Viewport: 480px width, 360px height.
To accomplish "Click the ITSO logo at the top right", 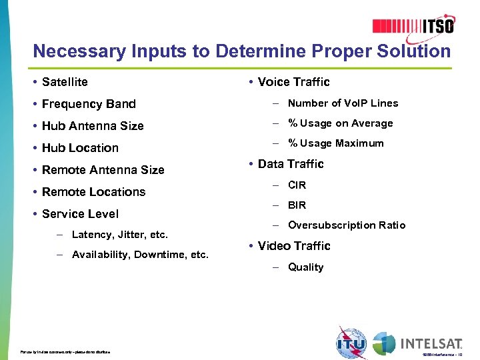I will click(x=413, y=25).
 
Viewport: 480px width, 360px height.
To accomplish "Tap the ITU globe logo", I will click(x=351, y=343).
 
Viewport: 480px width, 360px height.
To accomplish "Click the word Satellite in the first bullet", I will click(x=65, y=82).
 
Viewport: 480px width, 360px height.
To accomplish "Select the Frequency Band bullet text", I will click(x=89, y=104).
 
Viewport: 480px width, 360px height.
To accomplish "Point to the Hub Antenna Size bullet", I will click(x=93, y=126).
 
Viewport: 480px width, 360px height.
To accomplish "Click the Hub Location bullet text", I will click(x=80, y=148).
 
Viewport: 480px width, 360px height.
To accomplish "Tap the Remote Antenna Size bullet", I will click(x=103, y=170).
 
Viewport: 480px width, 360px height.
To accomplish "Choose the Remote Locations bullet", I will click(x=93, y=192).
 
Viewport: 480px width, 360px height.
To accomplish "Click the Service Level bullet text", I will click(x=80, y=214).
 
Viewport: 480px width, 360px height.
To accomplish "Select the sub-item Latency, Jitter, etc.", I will click(x=120, y=235).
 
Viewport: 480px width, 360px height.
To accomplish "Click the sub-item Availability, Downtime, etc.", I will click(x=140, y=255).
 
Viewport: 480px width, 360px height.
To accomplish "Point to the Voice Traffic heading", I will click(x=293, y=82).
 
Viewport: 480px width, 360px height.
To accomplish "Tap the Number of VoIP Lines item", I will click(x=343, y=103).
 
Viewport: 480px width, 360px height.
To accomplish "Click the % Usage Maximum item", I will click(x=335, y=143).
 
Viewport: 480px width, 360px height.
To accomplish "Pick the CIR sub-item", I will click(x=297, y=185).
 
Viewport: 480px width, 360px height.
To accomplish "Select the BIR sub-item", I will click(x=297, y=205).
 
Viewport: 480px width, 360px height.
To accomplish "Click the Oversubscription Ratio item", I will click(x=347, y=225).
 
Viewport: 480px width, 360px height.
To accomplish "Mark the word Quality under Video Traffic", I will click(x=305, y=267).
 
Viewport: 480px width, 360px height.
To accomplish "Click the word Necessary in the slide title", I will click(x=72, y=51).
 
